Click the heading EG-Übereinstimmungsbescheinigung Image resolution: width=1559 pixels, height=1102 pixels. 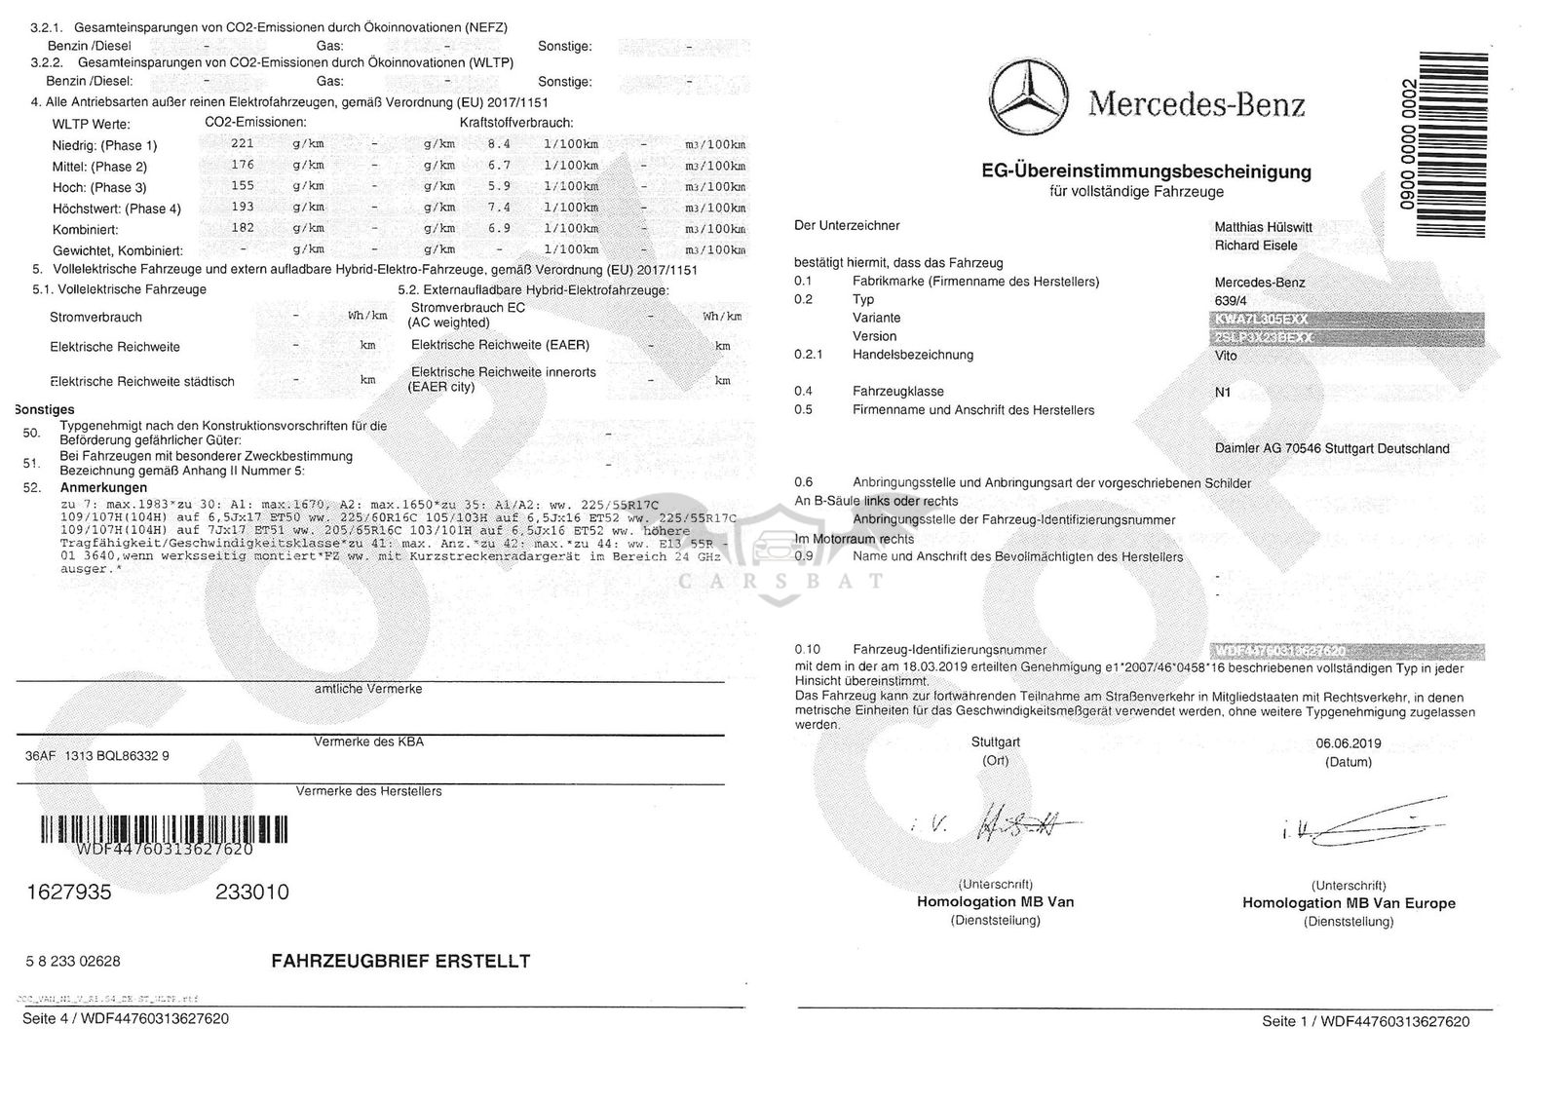tap(1146, 172)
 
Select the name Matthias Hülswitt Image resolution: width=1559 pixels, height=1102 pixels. tap(1263, 227)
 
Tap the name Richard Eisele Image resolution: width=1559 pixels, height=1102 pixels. tap(1255, 246)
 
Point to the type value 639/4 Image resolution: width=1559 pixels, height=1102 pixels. tap(1231, 300)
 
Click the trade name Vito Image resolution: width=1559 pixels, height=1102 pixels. tap(1226, 356)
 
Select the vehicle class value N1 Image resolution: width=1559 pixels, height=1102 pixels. tap(1223, 392)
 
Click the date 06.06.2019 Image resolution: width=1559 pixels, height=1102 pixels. tap(1348, 743)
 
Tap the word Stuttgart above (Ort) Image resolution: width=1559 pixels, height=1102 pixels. tap(995, 742)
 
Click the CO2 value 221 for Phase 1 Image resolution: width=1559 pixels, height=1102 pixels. tap(242, 144)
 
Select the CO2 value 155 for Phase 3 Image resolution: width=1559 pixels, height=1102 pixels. tap(242, 186)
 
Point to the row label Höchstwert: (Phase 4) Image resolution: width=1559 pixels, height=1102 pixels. tap(116, 209)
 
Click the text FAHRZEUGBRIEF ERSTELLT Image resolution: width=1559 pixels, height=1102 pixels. tap(400, 962)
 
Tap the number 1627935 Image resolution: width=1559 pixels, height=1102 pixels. tap(68, 893)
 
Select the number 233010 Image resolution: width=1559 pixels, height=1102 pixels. tap(251, 893)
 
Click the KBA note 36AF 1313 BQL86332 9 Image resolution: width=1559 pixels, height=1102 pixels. tap(96, 755)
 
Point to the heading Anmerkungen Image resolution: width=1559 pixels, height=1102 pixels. tap(103, 487)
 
